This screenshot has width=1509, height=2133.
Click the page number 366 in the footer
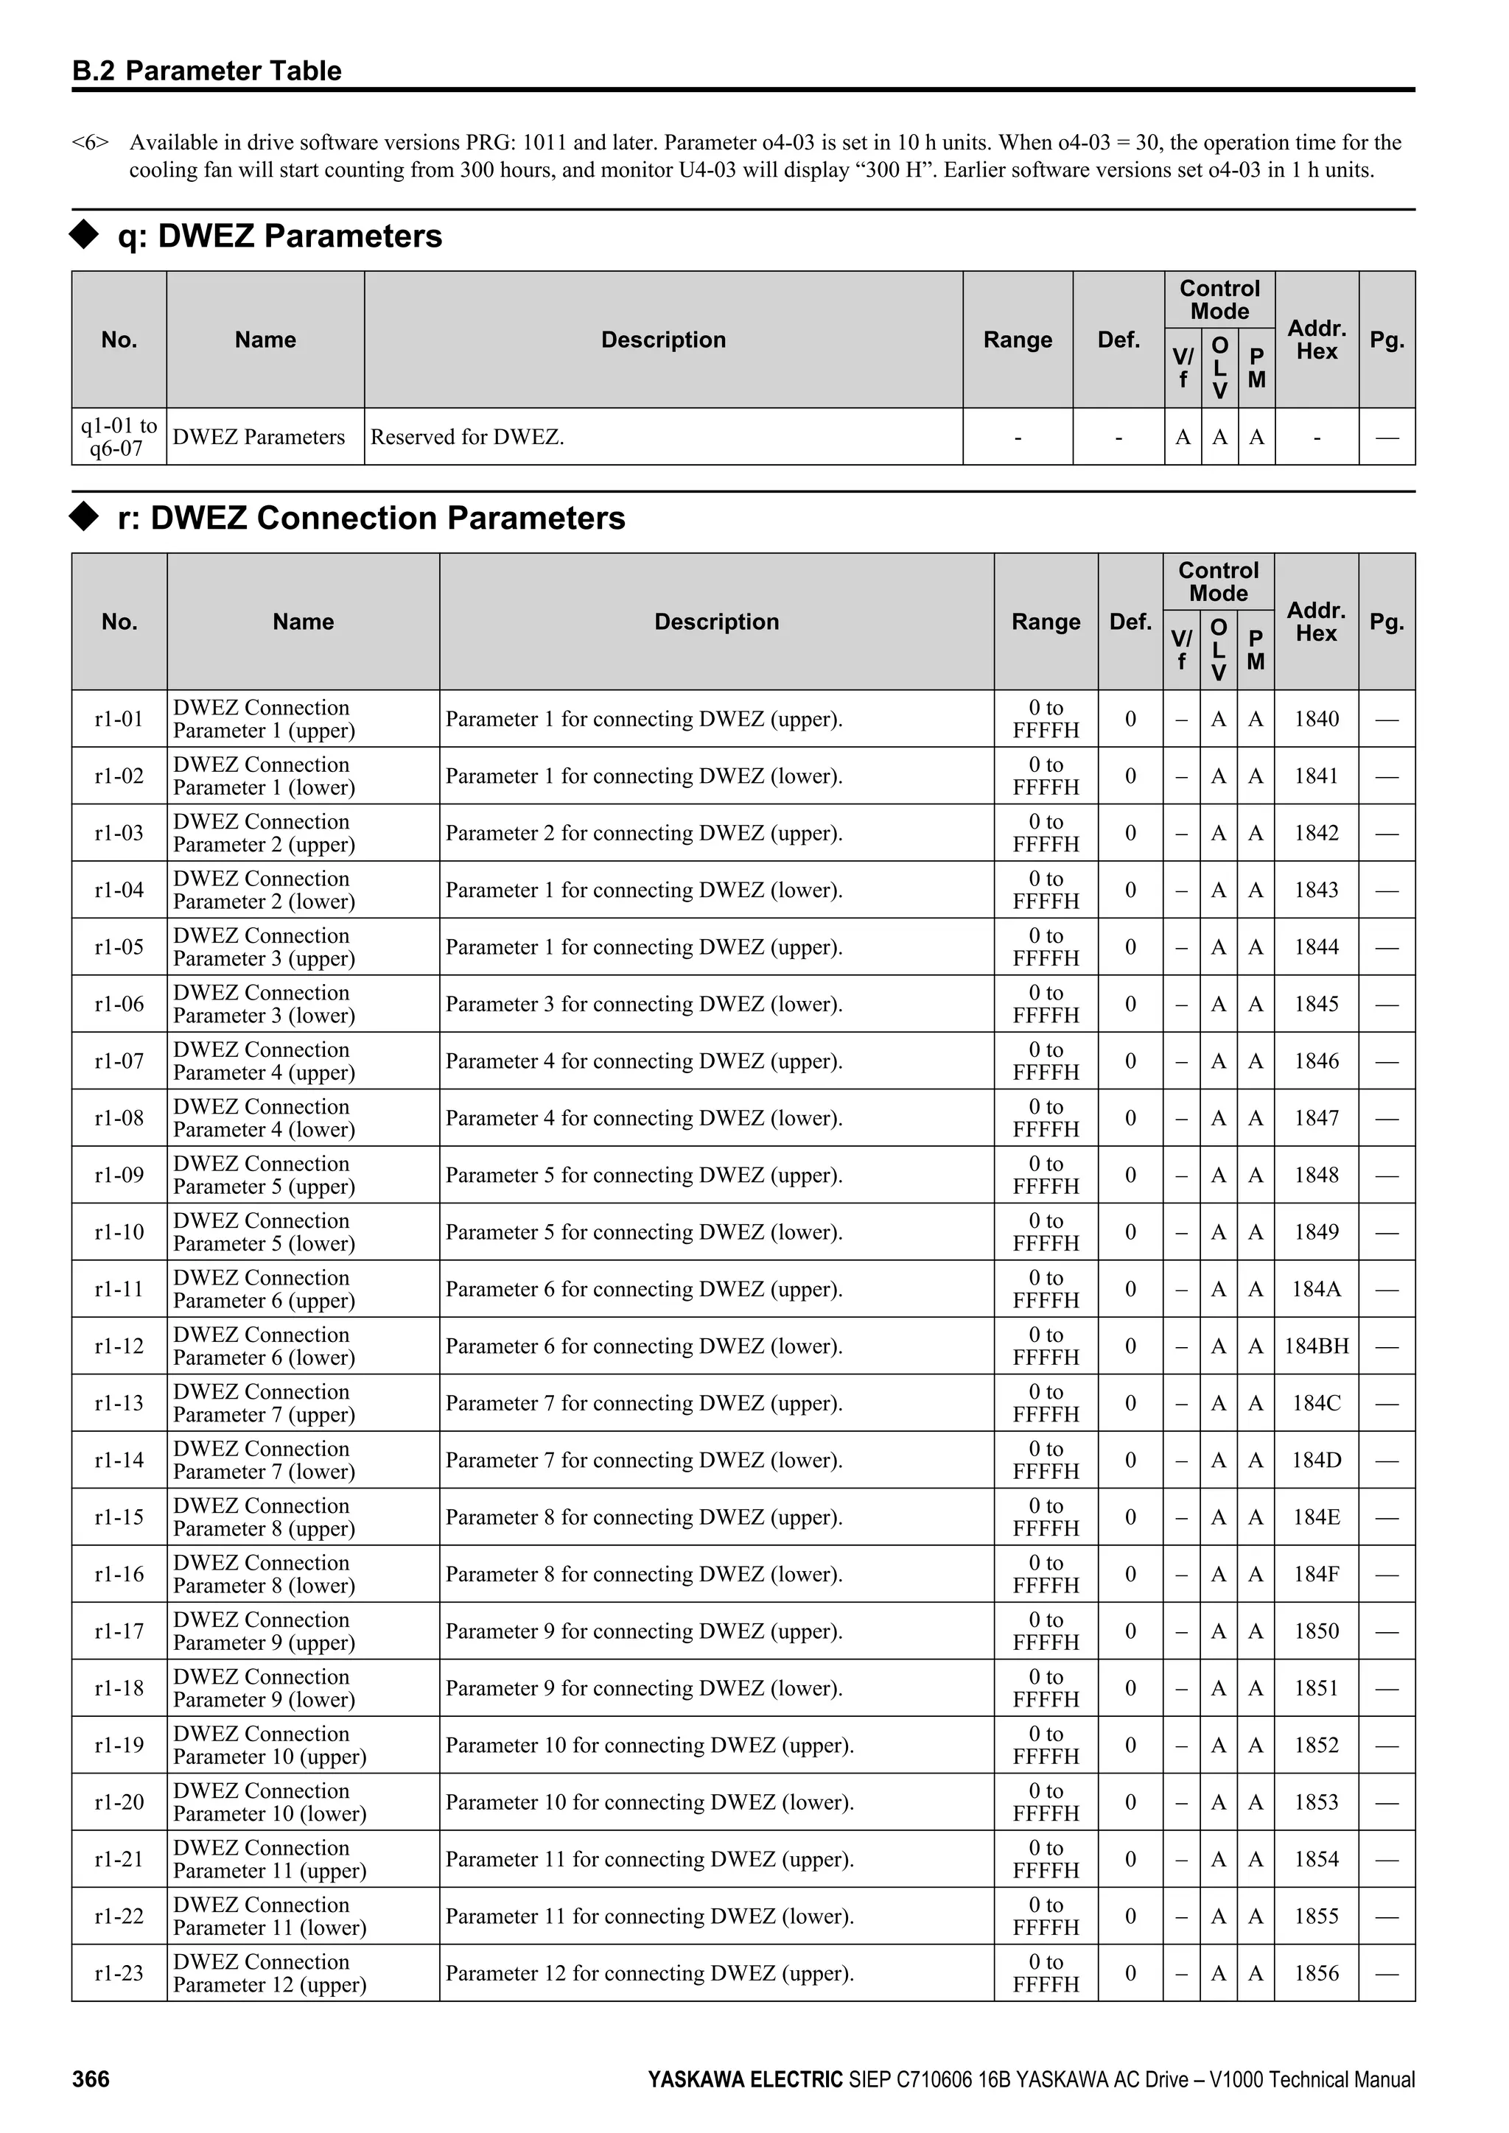91,2079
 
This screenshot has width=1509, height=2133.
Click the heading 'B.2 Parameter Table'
207,71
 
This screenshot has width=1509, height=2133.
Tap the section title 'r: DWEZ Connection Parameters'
371,518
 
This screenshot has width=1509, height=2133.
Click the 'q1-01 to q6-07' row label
119,437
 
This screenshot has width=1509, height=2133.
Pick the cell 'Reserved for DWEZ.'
467,437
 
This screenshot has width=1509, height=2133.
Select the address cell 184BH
1316,1346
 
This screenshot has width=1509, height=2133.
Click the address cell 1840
1316,718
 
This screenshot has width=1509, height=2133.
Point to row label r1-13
119,1403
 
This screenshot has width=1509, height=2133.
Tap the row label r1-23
119,1972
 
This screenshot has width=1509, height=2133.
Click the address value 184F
1316,1574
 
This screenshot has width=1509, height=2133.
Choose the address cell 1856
1316,1972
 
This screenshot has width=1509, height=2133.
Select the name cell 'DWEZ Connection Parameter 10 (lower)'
270,1802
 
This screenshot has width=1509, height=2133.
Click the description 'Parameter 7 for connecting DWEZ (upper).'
644,1403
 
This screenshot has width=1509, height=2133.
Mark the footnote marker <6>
90,143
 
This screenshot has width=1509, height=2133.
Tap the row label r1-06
119,1003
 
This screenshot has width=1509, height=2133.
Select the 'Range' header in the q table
1018,340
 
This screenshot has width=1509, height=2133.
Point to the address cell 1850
1316,1631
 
